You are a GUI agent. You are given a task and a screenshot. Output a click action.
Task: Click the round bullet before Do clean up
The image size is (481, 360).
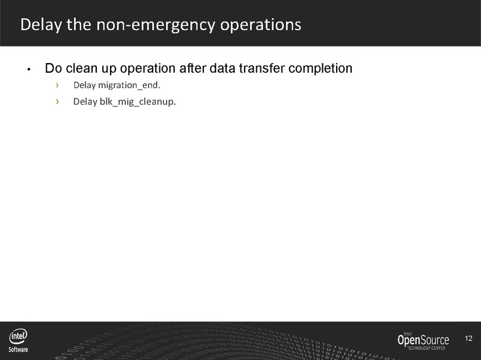coord(28,69)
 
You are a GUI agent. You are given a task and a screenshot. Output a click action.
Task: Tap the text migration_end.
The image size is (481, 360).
coord(130,84)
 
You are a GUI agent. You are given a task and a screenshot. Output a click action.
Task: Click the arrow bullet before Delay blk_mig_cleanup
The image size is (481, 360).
coord(58,101)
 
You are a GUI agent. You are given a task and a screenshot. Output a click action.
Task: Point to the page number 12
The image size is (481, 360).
coord(469,339)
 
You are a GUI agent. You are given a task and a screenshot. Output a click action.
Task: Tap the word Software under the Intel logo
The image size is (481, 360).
coord(18,349)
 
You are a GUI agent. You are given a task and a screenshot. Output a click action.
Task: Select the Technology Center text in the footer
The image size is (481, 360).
coord(427,349)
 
